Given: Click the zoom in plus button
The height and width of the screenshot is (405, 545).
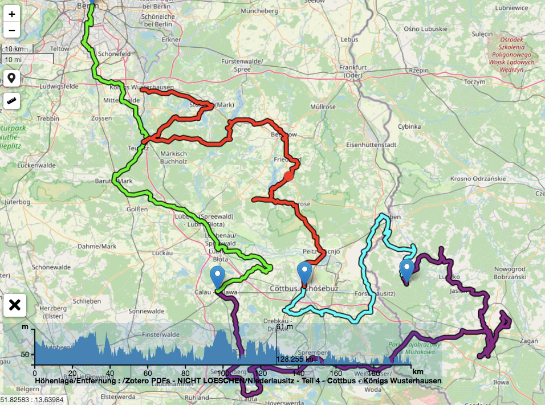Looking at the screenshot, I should point(11,14).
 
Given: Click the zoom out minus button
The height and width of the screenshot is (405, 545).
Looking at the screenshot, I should point(11,30).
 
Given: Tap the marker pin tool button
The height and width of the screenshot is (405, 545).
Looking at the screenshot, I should point(11,79).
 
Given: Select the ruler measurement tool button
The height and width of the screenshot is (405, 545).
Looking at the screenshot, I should point(11,101).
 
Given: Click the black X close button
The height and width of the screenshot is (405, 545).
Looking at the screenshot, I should point(15,305).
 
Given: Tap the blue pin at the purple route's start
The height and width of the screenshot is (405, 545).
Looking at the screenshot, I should point(406,270).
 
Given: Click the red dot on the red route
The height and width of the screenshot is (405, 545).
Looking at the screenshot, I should point(288,175).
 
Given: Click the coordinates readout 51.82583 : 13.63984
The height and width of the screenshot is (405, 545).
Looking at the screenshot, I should point(32,400).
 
